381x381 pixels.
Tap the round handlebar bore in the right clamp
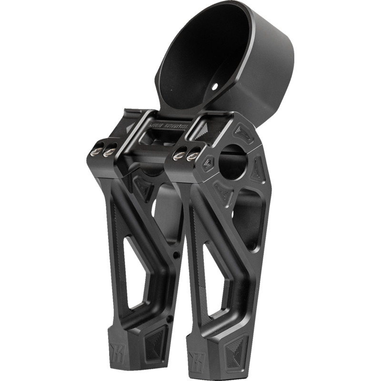pos(233,164)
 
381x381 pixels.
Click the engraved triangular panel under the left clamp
pos(143,189)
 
